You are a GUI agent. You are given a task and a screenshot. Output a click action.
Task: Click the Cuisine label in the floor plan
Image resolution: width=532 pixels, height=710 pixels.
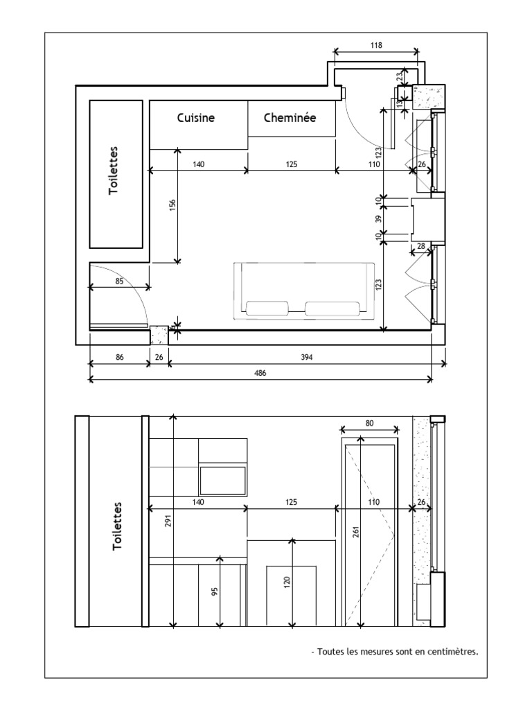(x=196, y=118)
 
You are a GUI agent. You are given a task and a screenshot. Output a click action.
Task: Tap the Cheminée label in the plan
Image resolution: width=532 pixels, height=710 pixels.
(x=290, y=118)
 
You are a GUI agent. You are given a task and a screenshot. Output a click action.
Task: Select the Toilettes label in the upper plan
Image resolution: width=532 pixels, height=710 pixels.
(x=113, y=171)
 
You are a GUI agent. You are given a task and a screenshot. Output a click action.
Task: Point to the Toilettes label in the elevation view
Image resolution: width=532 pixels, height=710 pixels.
(x=117, y=526)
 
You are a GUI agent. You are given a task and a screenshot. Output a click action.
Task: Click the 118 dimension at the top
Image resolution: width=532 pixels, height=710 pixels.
(x=376, y=45)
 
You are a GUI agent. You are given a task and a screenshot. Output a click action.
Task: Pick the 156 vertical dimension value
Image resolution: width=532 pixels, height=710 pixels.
(x=172, y=205)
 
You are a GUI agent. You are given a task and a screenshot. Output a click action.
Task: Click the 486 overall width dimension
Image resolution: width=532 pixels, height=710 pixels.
(x=260, y=373)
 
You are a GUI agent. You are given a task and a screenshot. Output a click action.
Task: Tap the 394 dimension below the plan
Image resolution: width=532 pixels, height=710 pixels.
(x=307, y=357)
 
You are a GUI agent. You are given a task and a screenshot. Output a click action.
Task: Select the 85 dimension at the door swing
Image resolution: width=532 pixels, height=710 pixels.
(x=119, y=282)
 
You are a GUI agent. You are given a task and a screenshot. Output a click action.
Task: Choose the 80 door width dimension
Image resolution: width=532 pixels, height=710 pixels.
(x=370, y=423)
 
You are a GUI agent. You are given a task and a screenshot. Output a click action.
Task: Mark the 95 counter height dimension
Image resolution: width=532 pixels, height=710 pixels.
(x=215, y=591)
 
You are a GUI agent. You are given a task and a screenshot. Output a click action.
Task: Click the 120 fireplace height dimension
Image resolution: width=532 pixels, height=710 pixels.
(x=287, y=582)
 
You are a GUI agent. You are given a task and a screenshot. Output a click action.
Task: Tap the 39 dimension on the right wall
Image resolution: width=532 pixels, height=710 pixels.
(x=379, y=218)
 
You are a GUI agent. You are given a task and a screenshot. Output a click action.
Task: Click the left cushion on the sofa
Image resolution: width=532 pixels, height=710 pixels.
(x=267, y=308)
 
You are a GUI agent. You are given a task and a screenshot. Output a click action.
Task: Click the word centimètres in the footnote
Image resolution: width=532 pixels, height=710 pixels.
(x=453, y=652)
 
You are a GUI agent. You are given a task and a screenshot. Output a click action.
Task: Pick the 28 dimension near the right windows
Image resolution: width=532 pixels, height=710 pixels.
(x=421, y=246)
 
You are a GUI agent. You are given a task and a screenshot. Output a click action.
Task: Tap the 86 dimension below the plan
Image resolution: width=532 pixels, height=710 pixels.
(x=119, y=357)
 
